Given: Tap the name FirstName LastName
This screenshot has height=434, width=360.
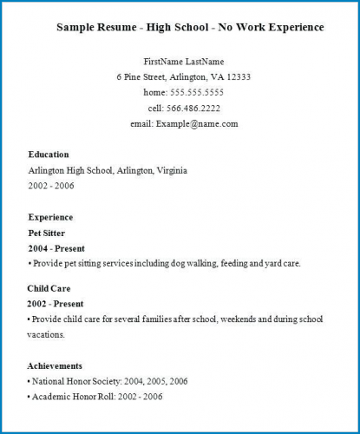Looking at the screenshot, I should coord(184,62).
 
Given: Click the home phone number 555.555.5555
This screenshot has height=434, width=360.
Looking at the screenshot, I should coord(197,92).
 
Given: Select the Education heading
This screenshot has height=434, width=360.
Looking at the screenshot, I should coord(49,155).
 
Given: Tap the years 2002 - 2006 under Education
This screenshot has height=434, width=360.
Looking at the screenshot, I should coord(51,186).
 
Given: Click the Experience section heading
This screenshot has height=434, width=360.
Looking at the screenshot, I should coord(50,217).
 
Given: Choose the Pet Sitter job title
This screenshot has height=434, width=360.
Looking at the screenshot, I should coord(47,233).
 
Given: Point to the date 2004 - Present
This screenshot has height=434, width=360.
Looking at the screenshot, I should coord(56,248).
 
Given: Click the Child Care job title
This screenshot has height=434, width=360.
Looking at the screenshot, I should coord(49,288).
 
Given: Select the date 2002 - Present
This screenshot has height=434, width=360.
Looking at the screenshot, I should coord(56,304).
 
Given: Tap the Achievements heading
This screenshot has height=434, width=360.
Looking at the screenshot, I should coord(56,366).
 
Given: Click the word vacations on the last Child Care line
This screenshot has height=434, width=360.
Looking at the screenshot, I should coord(47,334).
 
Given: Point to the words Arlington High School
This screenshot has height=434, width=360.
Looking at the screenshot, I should coord(69,170).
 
